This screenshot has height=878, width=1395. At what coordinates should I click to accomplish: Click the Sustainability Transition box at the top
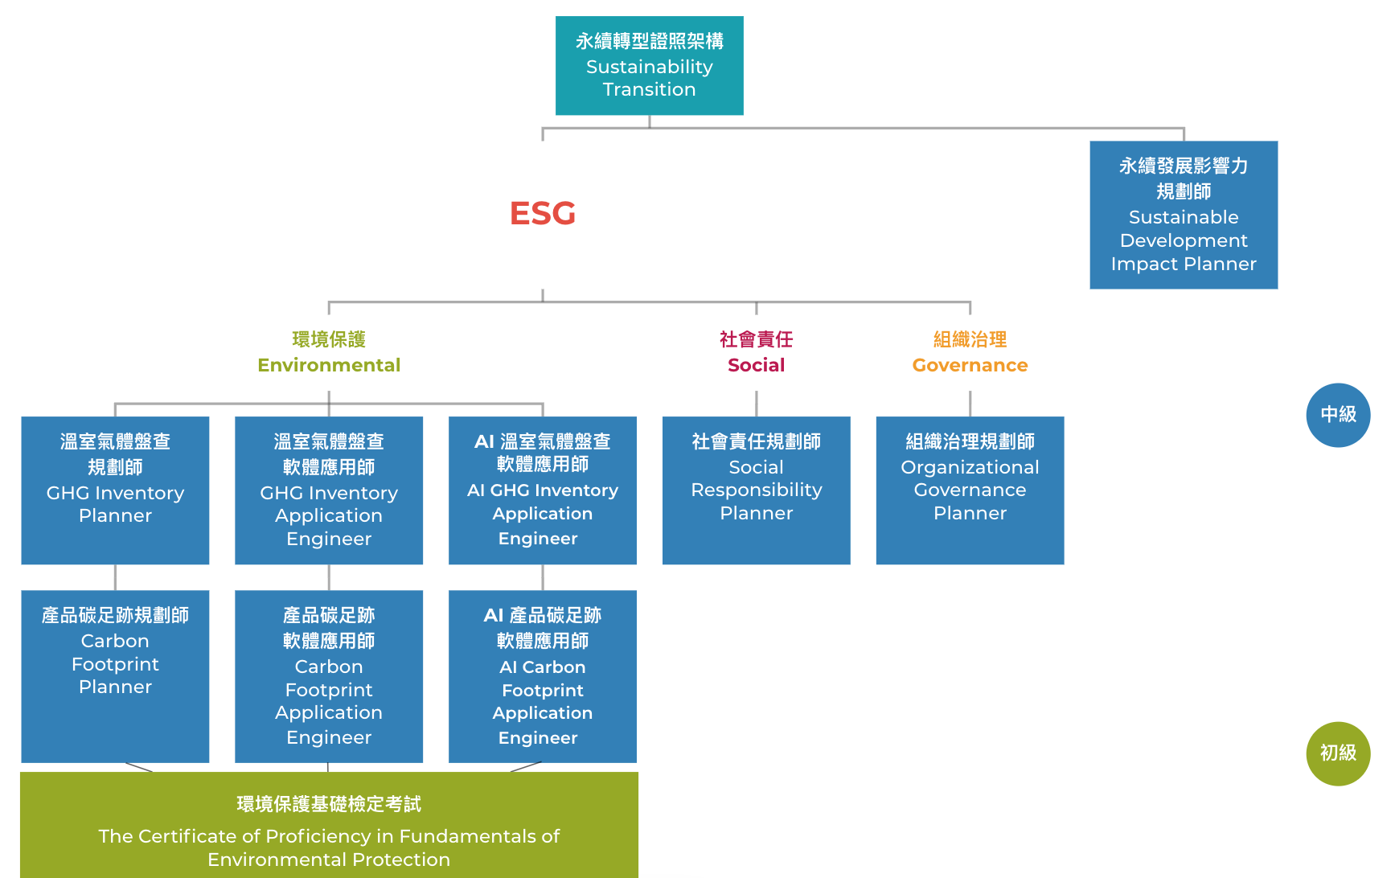click(649, 65)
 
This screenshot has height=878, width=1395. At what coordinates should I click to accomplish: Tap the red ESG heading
click(543, 213)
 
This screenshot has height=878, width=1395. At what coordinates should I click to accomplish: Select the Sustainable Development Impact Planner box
click(1183, 215)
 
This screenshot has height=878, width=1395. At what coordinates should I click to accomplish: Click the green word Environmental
click(329, 365)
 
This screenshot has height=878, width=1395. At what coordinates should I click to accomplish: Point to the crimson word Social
click(756, 365)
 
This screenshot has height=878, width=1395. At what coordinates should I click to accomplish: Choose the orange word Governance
click(970, 365)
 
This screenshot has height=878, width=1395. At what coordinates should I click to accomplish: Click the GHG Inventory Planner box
click(115, 490)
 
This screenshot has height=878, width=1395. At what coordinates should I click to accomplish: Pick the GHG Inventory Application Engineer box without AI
click(329, 490)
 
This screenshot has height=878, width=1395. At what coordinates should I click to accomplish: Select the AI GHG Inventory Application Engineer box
click(543, 490)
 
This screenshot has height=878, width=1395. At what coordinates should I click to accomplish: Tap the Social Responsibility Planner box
click(756, 490)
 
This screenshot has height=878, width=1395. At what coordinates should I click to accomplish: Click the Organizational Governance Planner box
click(970, 490)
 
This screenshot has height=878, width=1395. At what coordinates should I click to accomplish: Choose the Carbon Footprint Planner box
click(115, 675)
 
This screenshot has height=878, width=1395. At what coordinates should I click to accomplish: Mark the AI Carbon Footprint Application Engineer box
click(543, 675)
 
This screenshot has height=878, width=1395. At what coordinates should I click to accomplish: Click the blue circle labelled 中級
click(1338, 415)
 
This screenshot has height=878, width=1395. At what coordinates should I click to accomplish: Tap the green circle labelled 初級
click(1338, 753)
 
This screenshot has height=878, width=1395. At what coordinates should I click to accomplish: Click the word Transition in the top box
click(649, 89)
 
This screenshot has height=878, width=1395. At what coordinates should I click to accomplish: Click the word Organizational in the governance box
click(970, 467)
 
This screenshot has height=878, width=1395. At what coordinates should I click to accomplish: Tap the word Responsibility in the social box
click(756, 490)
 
